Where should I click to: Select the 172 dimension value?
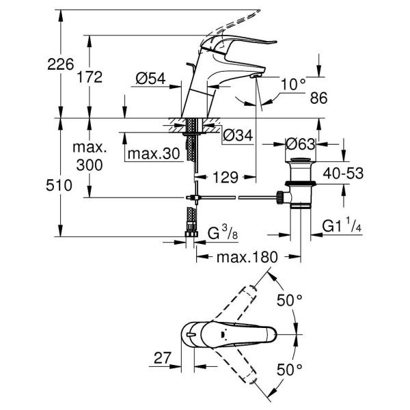pyautogui.click(x=89, y=77)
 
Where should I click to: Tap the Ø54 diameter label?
pyautogui.click(x=150, y=79)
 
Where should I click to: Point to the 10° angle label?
pyautogui.click(x=293, y=84)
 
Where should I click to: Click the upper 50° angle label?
pyautogui.click(x=290, y=300)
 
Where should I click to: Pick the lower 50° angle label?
pyautogui.click(x=290, y=370)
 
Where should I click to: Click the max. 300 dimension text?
pyautogui.click(x=89, y=156)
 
